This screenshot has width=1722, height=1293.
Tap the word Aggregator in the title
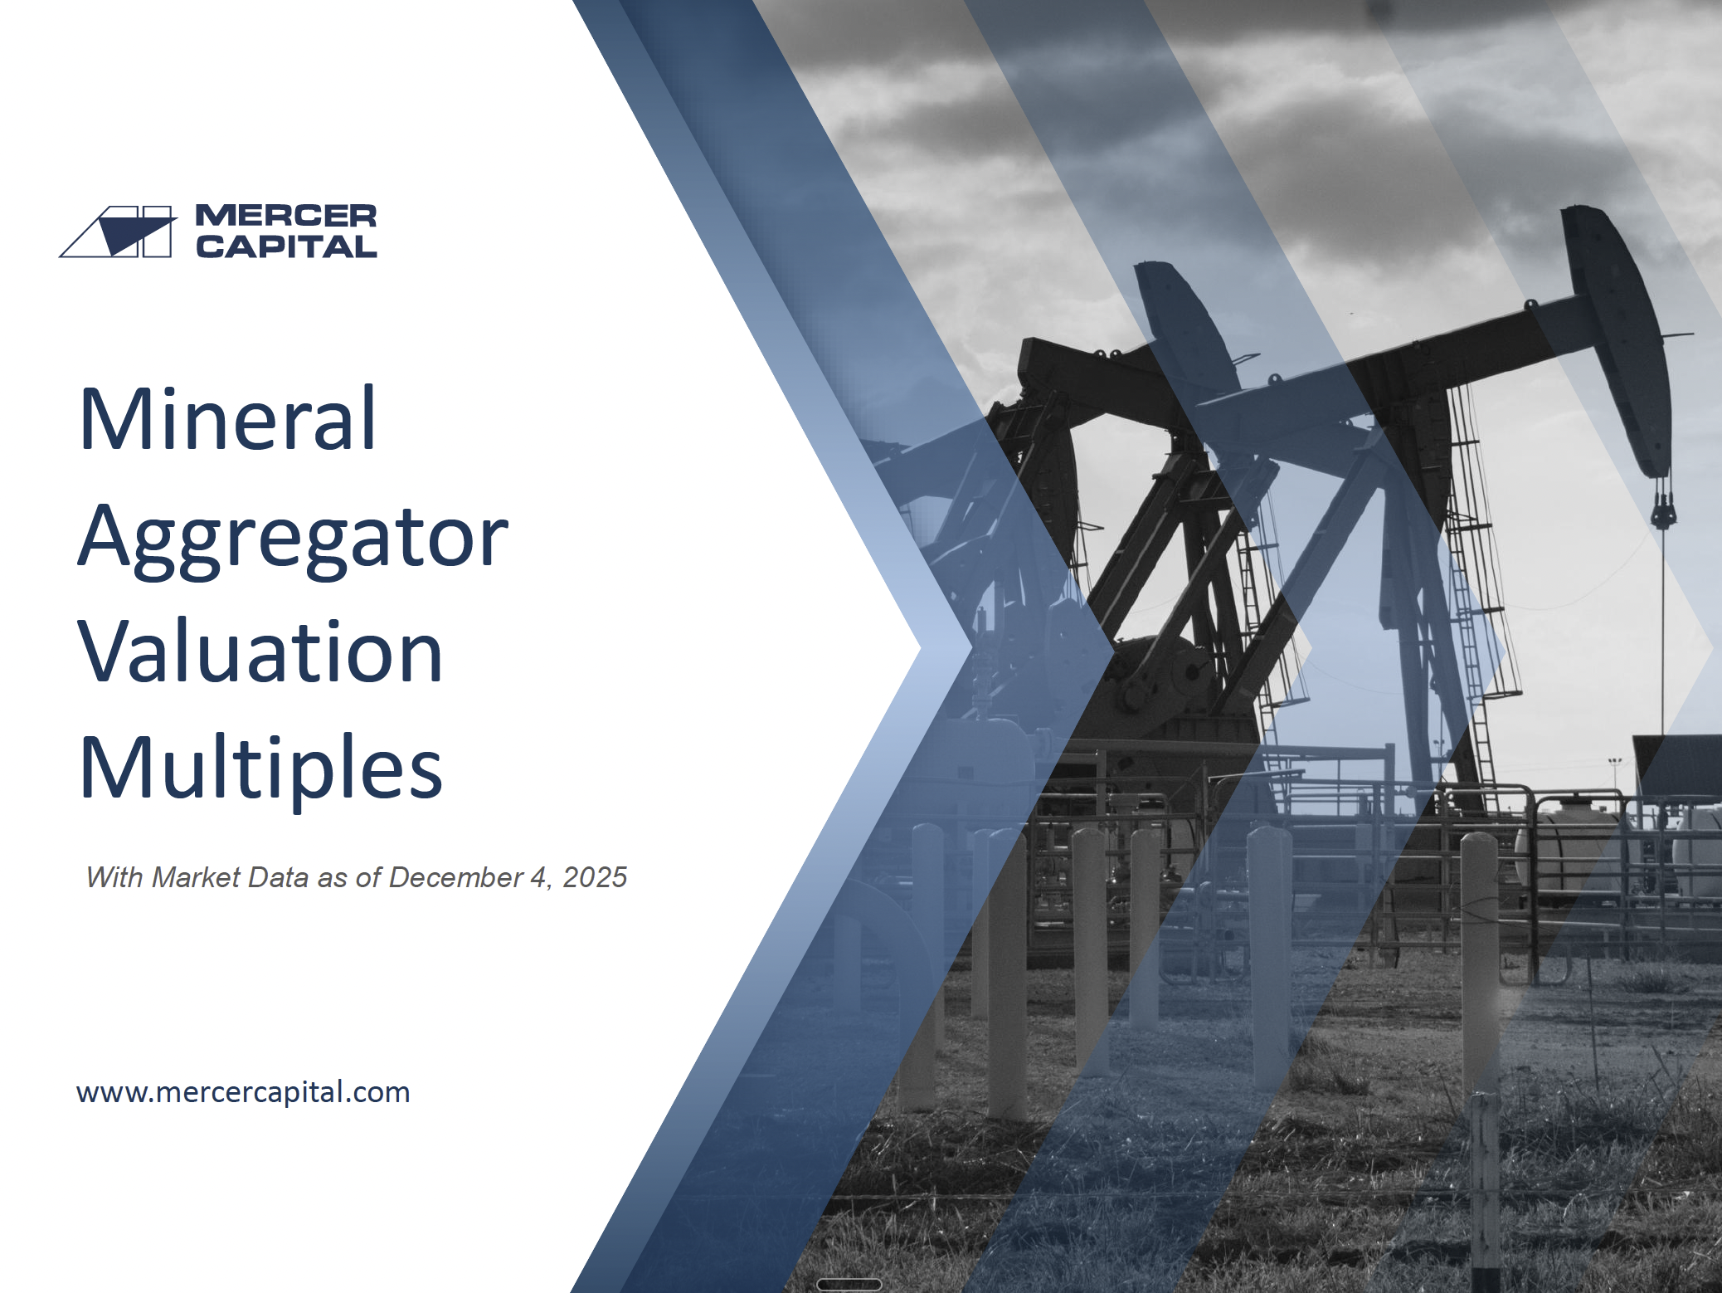tap(293, 539)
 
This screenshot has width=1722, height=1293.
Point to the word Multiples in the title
tap(260, 768)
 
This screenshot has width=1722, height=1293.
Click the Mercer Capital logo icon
tap(118, 232)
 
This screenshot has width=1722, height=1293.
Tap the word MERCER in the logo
tap(286, 216)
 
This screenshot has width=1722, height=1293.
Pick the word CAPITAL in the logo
tap(286, 246)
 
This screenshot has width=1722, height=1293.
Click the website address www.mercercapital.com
tap(243, 1092)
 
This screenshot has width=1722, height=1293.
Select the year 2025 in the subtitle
tap(595, 877)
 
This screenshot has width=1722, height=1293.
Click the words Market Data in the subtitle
tap(230, 877)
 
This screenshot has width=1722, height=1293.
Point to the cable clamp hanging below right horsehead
tap(1662, 507)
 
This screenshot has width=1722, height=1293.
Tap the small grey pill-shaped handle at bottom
tap(849, 1285)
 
